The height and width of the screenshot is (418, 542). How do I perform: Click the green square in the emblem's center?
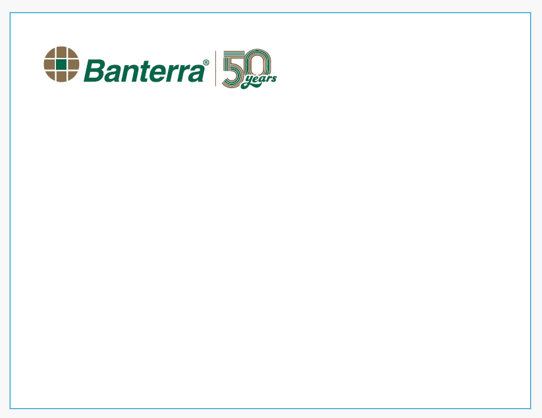click(x=61, y=65)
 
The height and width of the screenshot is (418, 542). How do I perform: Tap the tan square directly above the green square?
click(x=61, y=52)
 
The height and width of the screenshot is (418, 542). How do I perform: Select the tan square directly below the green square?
click(x=61, y=76)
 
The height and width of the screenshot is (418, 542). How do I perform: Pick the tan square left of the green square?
click(x=49, y=65)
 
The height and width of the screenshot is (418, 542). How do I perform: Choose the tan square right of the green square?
click(x=73, y=65)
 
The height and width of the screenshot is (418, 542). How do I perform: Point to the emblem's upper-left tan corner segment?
click(x=51, y=53)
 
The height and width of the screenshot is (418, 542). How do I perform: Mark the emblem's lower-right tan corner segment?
click(x=72, y=75)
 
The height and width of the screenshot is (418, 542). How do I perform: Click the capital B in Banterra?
click(x=94, y=71)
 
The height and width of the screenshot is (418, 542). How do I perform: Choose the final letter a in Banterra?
click(x=196, y=74)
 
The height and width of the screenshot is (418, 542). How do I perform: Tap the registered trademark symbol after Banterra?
click(x=206, y=62)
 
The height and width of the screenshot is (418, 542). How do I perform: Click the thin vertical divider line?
click(x=216, y=68)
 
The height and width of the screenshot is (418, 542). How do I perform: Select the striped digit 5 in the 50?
click(x=234, y=68)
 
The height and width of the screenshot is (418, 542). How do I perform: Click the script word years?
click(x=260, y=80)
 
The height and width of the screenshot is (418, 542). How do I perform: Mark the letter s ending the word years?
click(x=274, y=78)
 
